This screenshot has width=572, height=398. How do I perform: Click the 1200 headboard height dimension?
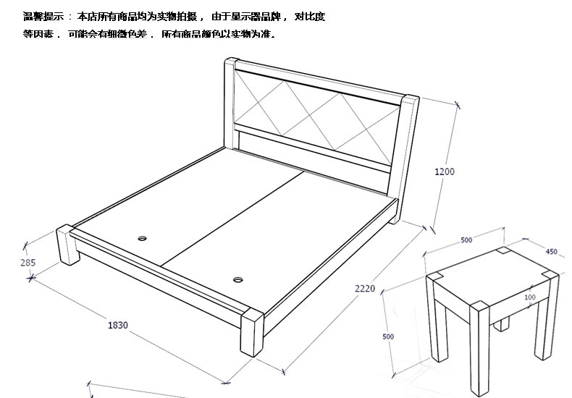coord(445,172)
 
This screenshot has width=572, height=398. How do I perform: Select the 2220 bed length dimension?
coord(364,289)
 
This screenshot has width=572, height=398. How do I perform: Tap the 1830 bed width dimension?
coord(118,325)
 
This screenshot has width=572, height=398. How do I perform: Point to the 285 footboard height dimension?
coord(28,263)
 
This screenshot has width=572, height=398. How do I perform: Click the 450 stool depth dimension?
coord(551,252)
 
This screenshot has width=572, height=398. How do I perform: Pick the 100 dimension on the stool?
coord(530,297)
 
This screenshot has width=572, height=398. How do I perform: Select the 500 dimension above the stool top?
coord(466,240)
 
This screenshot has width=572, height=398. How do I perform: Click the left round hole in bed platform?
coord(142,236)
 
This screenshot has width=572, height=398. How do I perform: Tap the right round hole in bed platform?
coord(238,279)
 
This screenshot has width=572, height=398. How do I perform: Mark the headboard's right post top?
coord(411,98)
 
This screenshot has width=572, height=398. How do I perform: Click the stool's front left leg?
coord(437,318)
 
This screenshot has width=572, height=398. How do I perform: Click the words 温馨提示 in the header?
coord(43,17)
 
